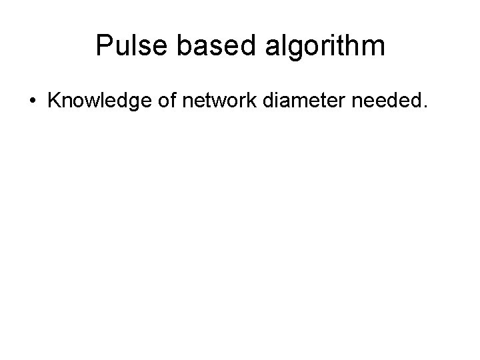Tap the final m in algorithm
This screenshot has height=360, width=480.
(x=373, y=48)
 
